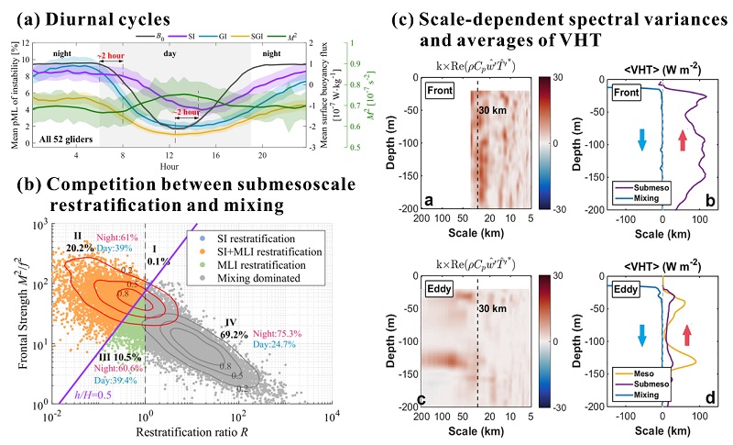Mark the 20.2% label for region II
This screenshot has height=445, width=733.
81,247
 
